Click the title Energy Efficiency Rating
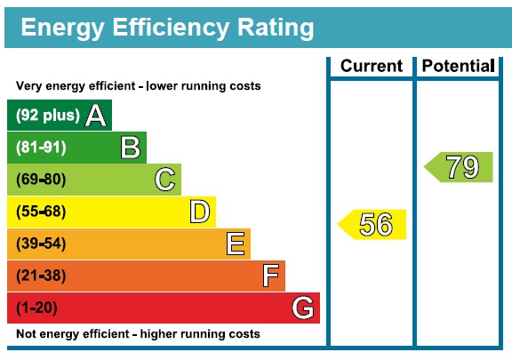[167, 28]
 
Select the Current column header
[372, 66]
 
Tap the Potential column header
[457, 66]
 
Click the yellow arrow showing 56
[373, 225]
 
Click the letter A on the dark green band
[96, 116]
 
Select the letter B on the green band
[131, 148]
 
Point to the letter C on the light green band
[164, 180]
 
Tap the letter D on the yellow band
[200, 212]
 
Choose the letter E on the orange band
[236, 244]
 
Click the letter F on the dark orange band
[271, 276]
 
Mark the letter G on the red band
[303, 308]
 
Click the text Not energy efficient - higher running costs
[138, 334]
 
